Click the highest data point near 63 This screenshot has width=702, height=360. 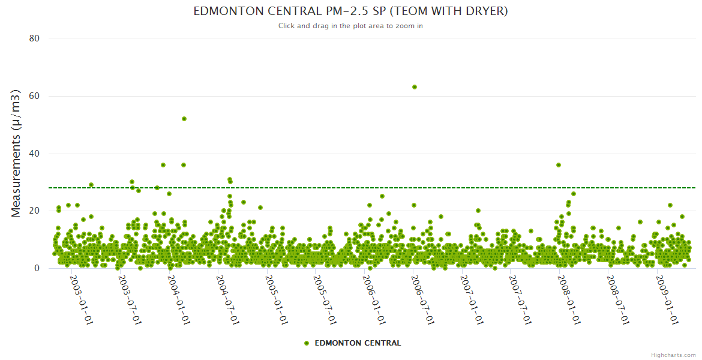[x=414, y=87]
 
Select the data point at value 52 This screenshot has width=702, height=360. [x=184, y=119]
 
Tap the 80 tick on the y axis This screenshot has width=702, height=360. [x=34, y=38]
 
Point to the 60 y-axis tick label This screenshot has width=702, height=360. [x=34, y=96]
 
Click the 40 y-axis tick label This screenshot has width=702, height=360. [x=34, y=154]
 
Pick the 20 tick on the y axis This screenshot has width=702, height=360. [x=34, y=211]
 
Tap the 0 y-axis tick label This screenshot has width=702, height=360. [x=37, y=269]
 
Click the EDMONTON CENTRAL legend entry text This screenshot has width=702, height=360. [x=358, y=343]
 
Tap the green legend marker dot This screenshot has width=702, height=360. [x=307, y=343]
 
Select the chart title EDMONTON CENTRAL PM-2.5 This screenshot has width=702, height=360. [x=350, y=11]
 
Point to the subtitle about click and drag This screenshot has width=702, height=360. [x=350, y=26]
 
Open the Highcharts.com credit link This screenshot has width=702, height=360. [x=673, y=355]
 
